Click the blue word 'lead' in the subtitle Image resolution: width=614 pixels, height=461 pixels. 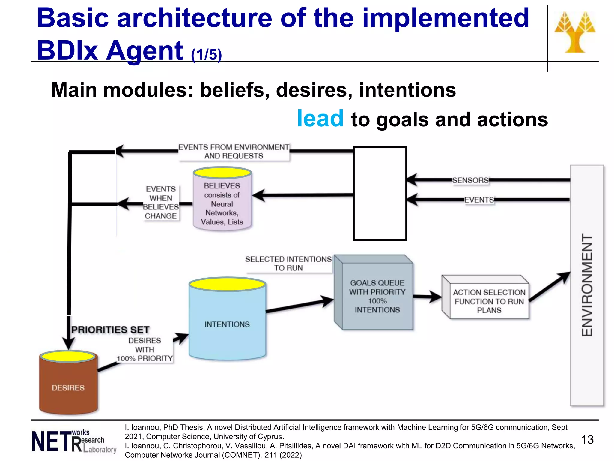tap(320, 119)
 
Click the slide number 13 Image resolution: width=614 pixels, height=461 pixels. tap(587, 440)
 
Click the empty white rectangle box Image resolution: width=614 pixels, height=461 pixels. tap(380, 194)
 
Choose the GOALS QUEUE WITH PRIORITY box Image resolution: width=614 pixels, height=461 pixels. tap(377, 296)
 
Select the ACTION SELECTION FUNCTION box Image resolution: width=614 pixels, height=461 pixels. tap(489, 301)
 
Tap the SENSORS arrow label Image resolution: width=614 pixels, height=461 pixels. tap(470, 180)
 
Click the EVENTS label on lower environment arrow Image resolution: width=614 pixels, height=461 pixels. tap(479, 200)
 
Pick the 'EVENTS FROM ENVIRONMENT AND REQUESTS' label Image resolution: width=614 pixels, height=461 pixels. tap(234, 152)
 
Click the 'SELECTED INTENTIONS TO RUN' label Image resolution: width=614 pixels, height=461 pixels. tap(288, 264)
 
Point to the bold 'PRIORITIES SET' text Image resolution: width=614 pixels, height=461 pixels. tap(110, 330)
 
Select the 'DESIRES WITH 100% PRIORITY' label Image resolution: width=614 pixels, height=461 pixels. tap(145, 350)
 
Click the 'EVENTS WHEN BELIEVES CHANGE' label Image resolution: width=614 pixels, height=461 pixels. tap(161, 203)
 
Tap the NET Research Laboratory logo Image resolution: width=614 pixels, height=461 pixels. tap(74, 441)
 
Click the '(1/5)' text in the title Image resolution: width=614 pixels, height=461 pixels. tap(206, 55)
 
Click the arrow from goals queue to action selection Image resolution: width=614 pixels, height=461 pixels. tap(427, 297)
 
